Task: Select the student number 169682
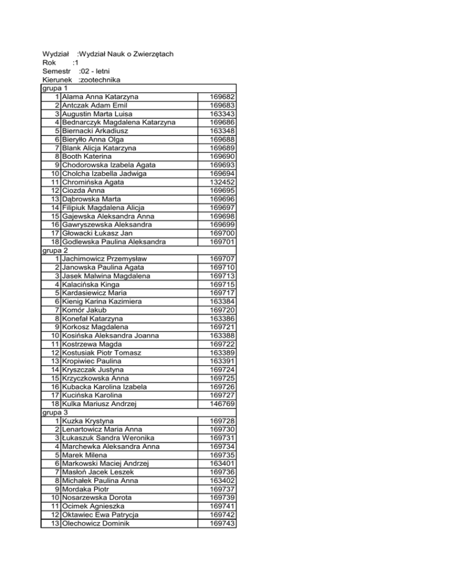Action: click(x=222, y=96)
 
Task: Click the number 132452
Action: click(x=222, y=182)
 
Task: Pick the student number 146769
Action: click(x=222, y=403)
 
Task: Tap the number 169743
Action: click(x=222, y=523)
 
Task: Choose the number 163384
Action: click(x=222, y=301)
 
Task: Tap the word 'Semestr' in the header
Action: click(x=57, y=71)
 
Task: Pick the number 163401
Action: click(x=222, y=463)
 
